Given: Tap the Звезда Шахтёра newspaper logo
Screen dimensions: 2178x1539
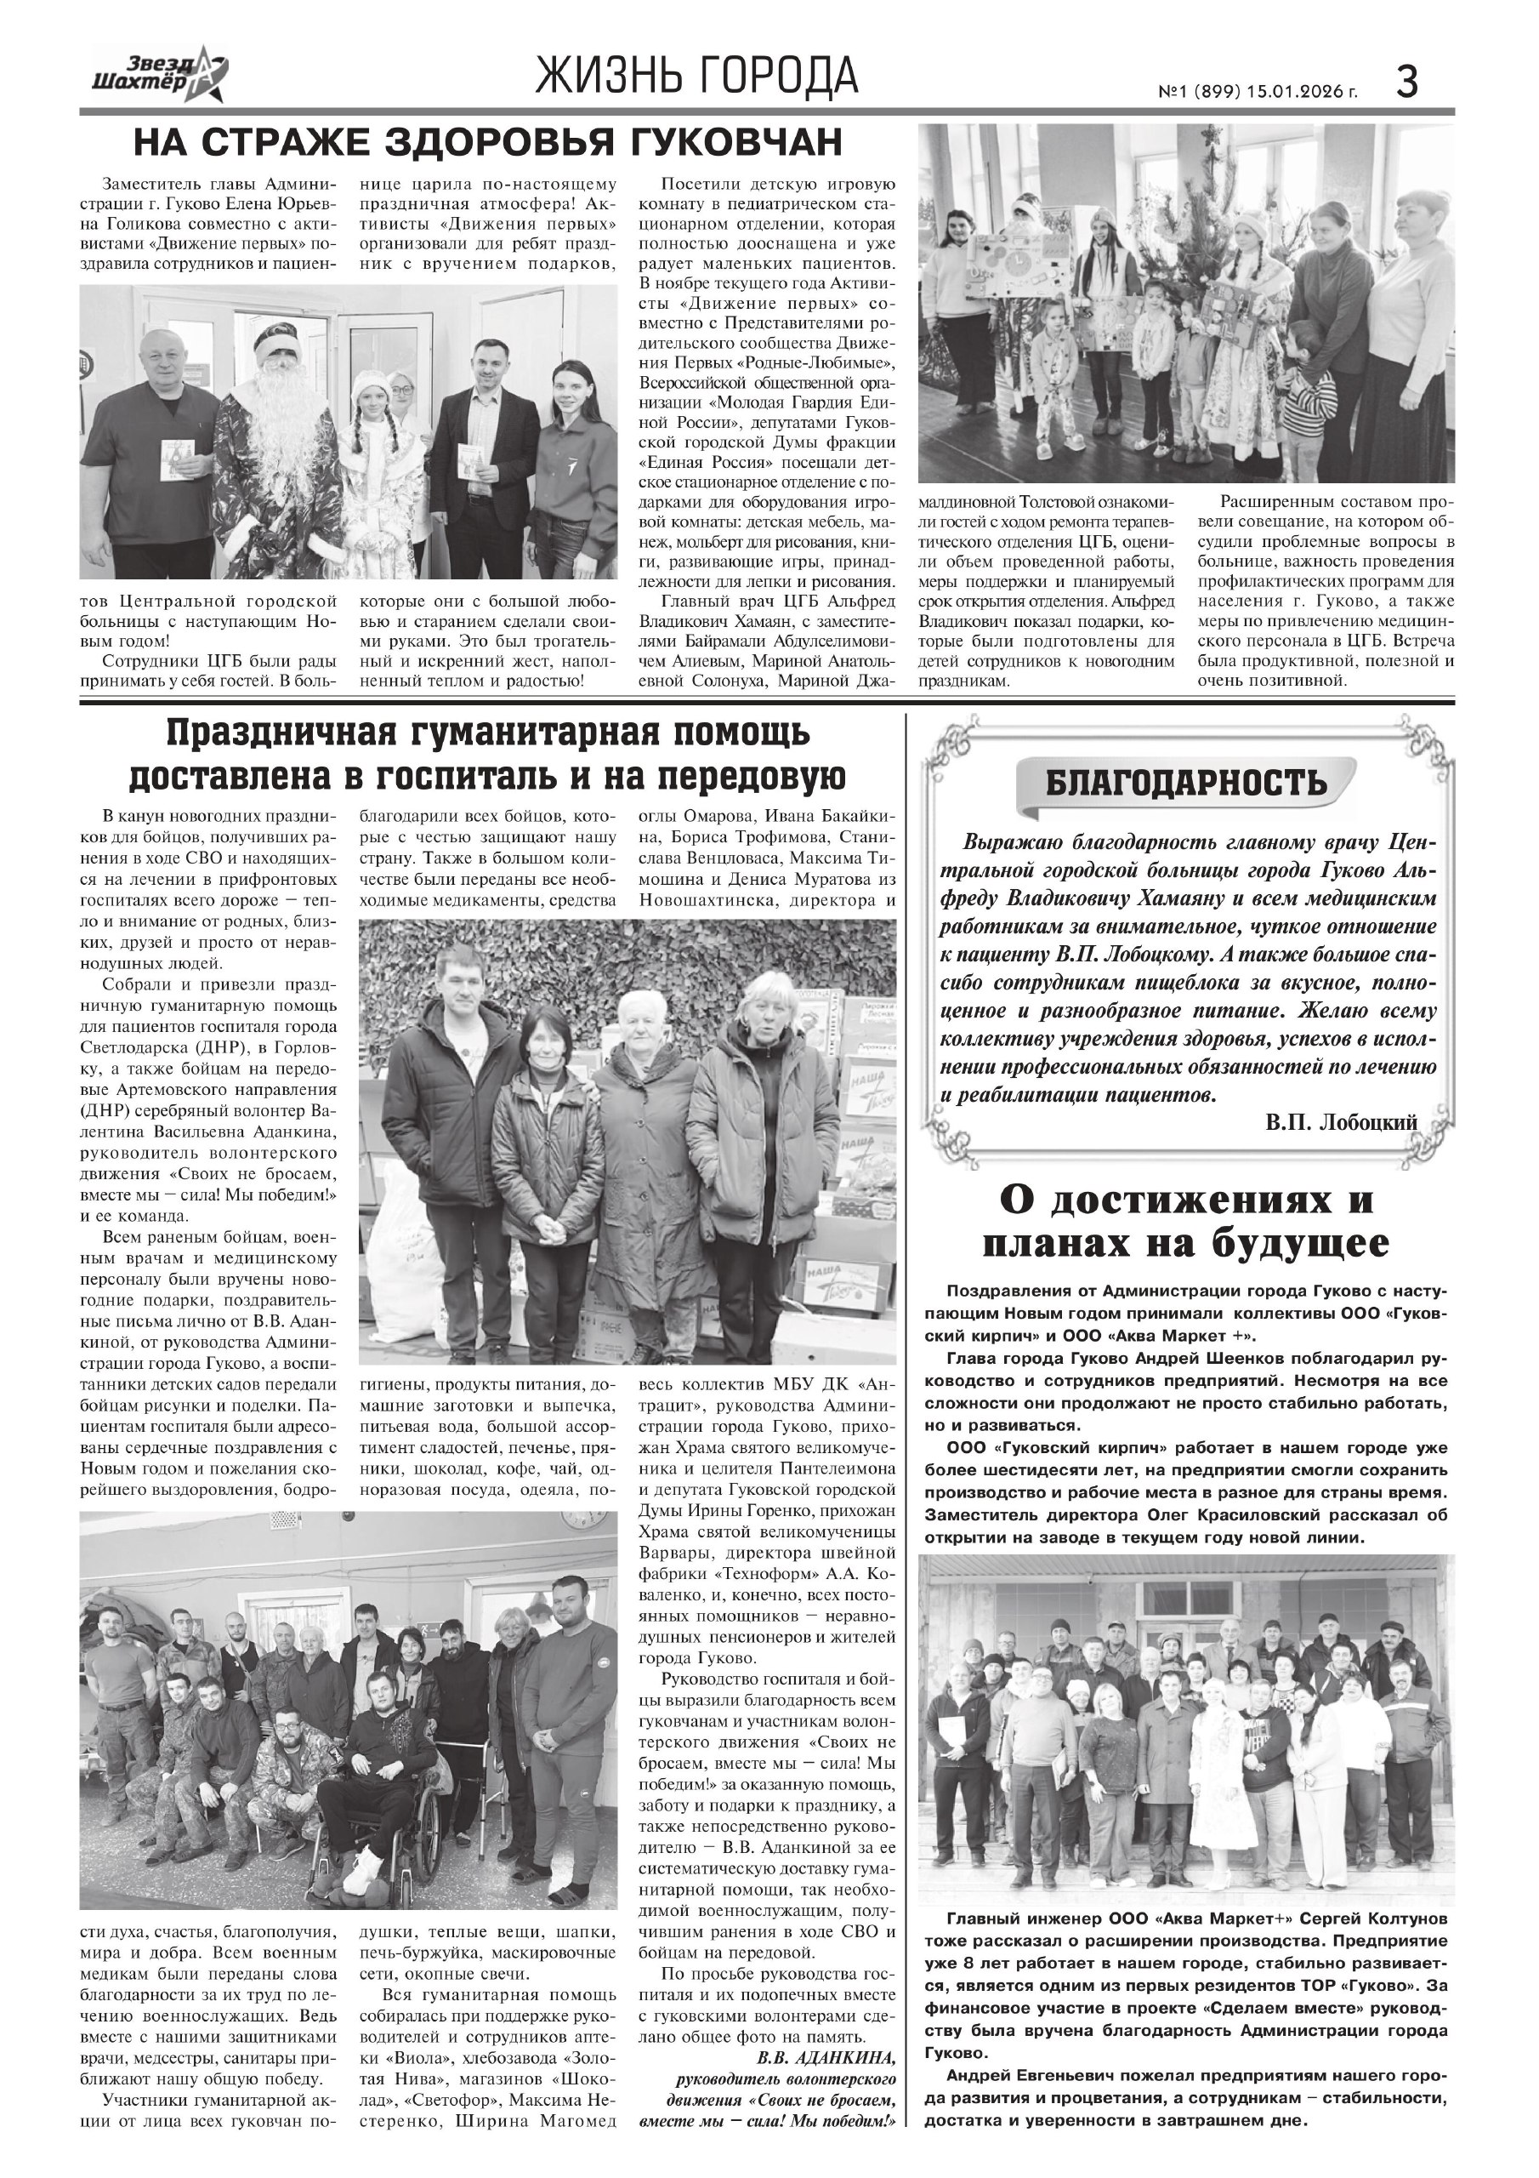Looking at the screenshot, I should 159,75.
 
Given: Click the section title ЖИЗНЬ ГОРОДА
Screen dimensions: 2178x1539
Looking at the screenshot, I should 697,77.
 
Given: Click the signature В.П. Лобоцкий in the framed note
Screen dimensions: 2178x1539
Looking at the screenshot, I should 1341,1122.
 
